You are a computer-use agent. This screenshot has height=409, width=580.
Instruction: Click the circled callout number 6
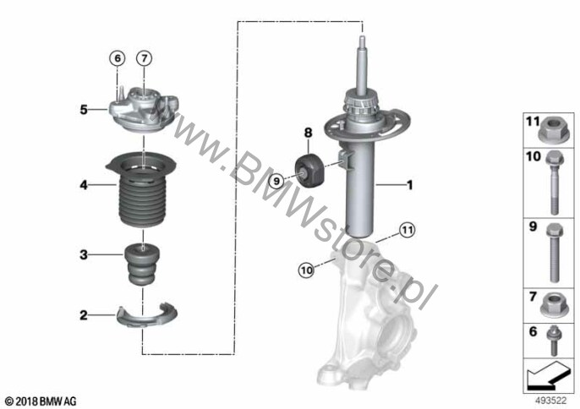[118, 58]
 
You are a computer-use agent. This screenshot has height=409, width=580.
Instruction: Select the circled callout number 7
[144, 58]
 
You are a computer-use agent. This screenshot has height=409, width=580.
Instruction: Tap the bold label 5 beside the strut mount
[84, 110]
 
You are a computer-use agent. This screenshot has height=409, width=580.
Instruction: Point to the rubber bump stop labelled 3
[142, 264]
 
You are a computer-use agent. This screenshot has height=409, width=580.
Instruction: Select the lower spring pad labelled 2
[147, 316]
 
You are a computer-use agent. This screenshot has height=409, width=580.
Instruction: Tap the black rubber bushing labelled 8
[309, 170]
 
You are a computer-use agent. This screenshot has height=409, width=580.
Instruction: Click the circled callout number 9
[276, 181]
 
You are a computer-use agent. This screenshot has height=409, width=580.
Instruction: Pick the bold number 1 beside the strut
[409, 184]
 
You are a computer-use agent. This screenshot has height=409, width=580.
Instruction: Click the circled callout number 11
[407, 231]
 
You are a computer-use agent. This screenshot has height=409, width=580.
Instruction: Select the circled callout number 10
[306, 270]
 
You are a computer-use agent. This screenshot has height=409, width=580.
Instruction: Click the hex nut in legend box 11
[551, 131]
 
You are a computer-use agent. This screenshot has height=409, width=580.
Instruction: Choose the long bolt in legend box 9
[554, 253]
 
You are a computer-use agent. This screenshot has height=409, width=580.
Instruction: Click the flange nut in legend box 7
[551, 305]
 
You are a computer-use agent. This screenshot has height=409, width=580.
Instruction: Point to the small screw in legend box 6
[554, 341]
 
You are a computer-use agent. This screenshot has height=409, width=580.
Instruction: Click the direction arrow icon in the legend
[548, 376]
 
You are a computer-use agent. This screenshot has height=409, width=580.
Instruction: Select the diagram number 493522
[551, 401]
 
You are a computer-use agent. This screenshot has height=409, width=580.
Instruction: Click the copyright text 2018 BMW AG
[41, 401]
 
